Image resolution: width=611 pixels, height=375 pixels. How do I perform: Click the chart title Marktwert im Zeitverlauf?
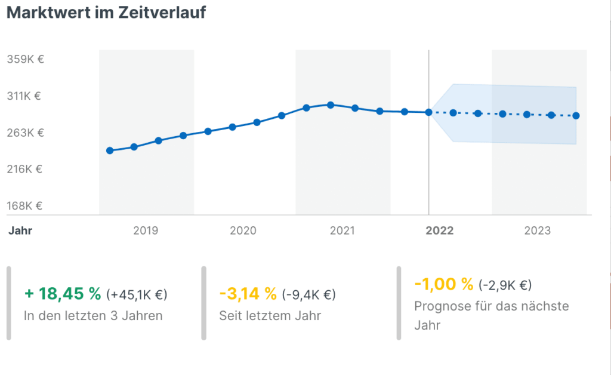tap(106, 13)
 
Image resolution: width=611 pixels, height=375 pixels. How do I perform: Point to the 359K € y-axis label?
tap(25, 59)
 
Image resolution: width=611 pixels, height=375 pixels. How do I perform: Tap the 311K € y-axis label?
tap(25, 96)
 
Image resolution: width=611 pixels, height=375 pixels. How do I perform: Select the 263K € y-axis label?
tap(25, 132)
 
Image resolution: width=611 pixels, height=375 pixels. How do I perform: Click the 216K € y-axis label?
tap(25, 169)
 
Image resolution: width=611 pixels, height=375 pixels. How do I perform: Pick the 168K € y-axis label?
tap(25, 206)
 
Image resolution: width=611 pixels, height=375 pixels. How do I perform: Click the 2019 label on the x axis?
tap(146, 230)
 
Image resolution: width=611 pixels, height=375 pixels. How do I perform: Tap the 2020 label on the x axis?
tap(243, 230)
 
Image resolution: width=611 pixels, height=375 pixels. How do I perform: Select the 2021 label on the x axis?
tap(342, 230)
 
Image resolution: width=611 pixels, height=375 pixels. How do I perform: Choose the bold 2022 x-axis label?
tap(440, 230)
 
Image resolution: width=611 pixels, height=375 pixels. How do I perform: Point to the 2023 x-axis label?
tap(538, 230)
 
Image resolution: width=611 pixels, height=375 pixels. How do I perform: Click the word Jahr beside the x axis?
tap(20, 230)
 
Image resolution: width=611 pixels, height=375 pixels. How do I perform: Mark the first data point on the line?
tap(110, 150)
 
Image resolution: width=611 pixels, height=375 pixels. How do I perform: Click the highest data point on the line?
tap(331, 105)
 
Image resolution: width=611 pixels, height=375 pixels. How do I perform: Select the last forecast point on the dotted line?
tap(576, 116)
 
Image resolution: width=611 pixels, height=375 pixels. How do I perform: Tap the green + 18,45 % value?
tap(63, 294)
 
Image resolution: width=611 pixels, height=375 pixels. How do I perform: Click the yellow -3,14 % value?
tap(248, 294)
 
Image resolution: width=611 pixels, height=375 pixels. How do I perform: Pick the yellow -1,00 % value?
tap(443, 284)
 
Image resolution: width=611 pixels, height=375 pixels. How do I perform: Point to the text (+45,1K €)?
tap(137, 294)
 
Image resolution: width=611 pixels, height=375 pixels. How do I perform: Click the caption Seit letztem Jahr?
tap(270, 315)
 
